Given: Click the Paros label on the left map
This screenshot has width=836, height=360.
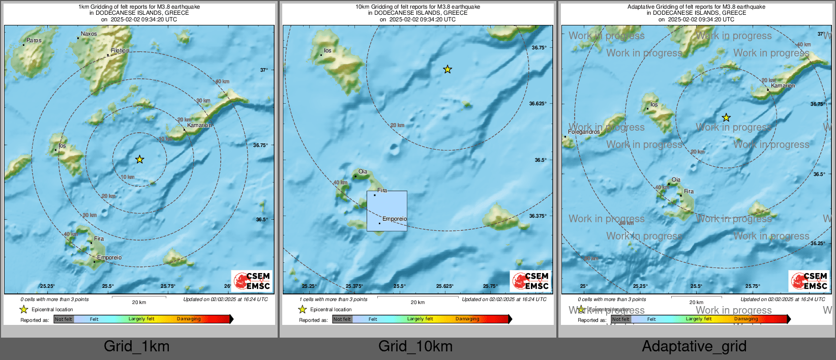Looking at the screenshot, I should (34, 40).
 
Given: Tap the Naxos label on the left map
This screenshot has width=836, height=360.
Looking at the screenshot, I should (88, 34).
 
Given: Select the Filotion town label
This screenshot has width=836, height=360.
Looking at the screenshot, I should (120, 50).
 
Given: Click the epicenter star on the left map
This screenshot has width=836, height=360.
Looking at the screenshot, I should (139, 160).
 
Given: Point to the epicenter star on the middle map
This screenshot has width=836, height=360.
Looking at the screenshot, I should (447, 69).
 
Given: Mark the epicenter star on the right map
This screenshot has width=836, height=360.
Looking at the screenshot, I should (726, 117).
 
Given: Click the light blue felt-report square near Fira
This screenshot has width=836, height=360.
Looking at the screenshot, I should (386, 211).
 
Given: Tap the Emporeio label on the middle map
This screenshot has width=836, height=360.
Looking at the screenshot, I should (394, 219).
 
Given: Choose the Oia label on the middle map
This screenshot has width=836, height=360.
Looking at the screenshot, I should (363, 171).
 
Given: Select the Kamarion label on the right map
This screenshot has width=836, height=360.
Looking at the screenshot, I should (783, 85).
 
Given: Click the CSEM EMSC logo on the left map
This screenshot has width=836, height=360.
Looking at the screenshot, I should (252, 281).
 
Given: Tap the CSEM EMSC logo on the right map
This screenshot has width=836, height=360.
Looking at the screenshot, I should (809, 281).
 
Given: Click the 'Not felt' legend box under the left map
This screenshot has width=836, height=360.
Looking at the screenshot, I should (64, 319).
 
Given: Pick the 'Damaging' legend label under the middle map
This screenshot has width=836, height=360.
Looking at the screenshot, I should (467, 319).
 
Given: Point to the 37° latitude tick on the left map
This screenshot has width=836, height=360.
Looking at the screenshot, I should (264, 70).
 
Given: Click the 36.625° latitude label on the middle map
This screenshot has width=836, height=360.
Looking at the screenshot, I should (538, 104).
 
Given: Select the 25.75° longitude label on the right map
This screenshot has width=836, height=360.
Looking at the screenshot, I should (753, 286).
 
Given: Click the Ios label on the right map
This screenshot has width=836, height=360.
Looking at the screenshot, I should (654, 105).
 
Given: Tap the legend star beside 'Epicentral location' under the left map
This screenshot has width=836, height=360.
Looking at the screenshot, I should (23, 309).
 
